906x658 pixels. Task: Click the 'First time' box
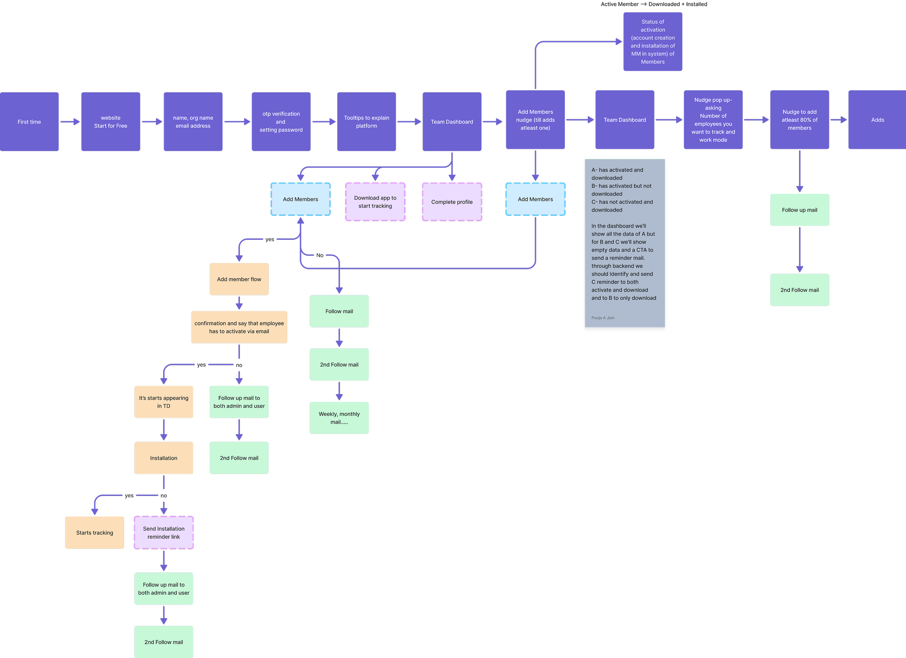pyautogui.click(x=29, y=122)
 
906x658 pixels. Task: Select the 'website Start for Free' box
pyautogui.click(x=110, y=122)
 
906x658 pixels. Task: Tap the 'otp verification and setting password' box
pyautogui.click(x=281, y=122)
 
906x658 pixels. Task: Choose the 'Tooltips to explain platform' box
pyautogui.click(x=366, y=122)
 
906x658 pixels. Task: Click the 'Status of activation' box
pyautogui.click(x=653, y=41)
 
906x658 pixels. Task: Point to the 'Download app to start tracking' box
pyautogui.click(x=375, y=202)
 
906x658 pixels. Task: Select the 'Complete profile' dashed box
pyautogui.click(x=452, y=202)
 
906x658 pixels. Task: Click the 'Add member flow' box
pyautogui.click(x=239, y=279)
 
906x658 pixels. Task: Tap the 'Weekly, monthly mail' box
pyautogui.click(x=339, y=418)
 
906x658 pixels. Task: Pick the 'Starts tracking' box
pyautogui.click(x=95, y=532)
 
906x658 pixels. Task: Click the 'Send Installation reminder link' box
pyautogui.click(x=164, y=532)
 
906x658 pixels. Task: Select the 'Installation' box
pyautogui.click(x=164, y=458)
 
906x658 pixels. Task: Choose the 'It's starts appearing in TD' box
pyautogui.click(x=164, y=402)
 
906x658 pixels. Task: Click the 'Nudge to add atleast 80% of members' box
pyautogui.click(x=799, y=120)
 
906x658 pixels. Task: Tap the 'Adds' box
pyautogui.click(x=877, y=120)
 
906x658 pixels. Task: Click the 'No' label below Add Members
pyautogui.click(x=320, y=255)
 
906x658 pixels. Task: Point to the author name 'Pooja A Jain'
pyautogui.click(x=603, y=318)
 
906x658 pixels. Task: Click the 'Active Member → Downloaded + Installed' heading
pyautogui.click(x=654, y=4)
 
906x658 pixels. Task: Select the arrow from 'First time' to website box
pyautogui.click(x=70, y=122)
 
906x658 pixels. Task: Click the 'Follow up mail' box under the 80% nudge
pyautogui.click(x=799, y=210)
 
